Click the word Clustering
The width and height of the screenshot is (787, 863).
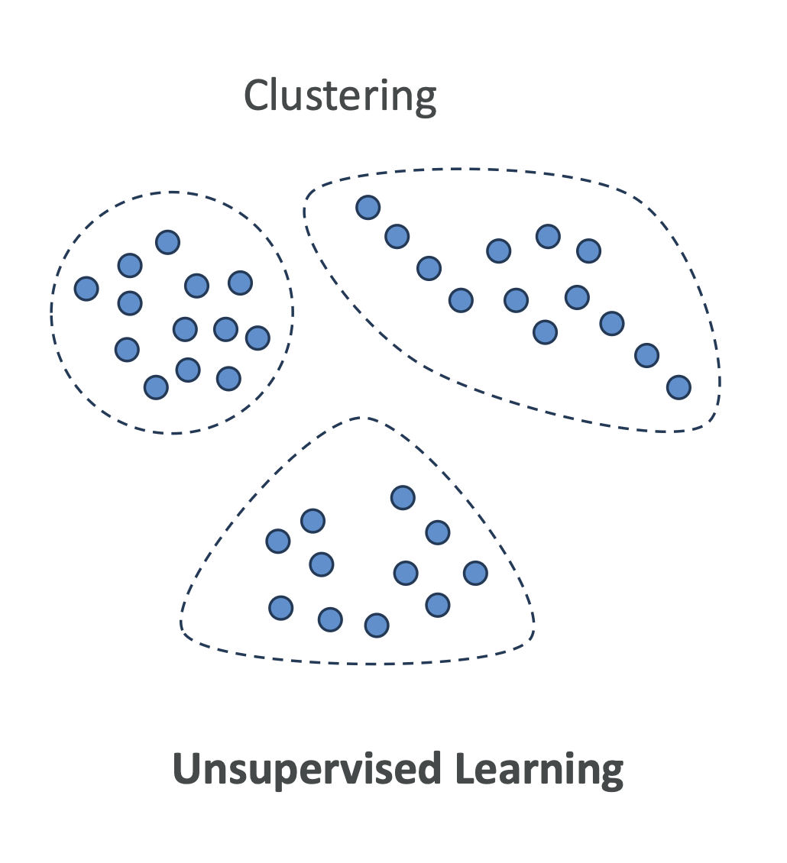[x=340, y=97]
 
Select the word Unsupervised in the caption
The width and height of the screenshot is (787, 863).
[x=306, y=768]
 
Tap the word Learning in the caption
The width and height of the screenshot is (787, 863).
[x=539, y=770]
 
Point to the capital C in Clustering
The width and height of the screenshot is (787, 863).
[x=257, y=95]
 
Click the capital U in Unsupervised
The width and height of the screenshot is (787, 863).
[x=188, y=768]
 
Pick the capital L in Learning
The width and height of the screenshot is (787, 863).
[x=465, y=768]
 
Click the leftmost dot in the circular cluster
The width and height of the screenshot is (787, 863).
[x=86, y=289]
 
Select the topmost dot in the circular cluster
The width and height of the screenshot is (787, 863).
[x=167, y=242]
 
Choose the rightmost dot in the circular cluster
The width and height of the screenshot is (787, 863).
[x=257, y=337]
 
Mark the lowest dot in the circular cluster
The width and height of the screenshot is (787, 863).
[x=156, y=387]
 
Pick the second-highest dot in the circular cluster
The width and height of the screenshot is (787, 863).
[x=130, y=265]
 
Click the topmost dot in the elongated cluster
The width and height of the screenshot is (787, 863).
[x=368, y=206]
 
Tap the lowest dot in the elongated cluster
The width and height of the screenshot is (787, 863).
[x=679, y=387]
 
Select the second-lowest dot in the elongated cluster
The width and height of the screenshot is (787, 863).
[x=646, y=355]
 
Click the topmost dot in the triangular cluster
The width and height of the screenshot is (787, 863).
[x=403, y=498]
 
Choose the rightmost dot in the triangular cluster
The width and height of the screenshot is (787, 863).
[x=475, y=572]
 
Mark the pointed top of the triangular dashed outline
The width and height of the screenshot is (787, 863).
[x=362, y=419]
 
